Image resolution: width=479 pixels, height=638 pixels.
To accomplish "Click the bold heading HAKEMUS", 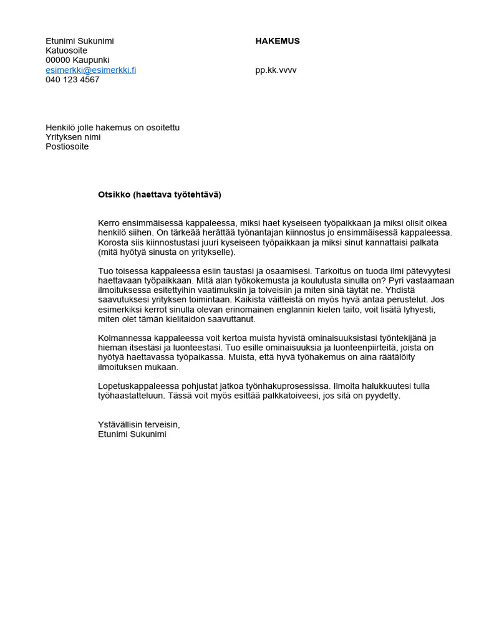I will pos(278,41).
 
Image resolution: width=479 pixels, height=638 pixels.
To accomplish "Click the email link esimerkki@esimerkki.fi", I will pos(90,70).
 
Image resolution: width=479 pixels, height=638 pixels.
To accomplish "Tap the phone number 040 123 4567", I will pos(72,80).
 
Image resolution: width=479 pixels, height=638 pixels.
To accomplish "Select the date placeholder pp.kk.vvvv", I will pos(276,70).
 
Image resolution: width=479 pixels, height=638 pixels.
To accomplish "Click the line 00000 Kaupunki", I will pos(77,60).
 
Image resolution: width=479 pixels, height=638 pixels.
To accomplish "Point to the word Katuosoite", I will pos(67,50).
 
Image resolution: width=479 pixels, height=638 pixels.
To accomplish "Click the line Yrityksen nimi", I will pos(73,137).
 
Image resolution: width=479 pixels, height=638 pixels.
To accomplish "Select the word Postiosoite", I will pos(67,147).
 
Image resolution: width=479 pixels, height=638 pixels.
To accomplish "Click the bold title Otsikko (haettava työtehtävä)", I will pos(160,194).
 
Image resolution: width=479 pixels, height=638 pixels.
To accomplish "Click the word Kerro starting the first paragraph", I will pos(109,223).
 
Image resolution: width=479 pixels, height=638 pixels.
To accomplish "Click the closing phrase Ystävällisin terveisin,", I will pos(138,424).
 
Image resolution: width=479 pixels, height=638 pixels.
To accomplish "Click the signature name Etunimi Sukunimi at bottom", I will pos(132,434).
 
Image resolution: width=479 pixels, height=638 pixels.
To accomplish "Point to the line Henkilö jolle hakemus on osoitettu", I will pos(112,128).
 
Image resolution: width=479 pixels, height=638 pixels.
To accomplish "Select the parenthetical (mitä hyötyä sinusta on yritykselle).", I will pos(167,252).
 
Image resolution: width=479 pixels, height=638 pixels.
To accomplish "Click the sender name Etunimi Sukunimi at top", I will pos(80,41).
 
